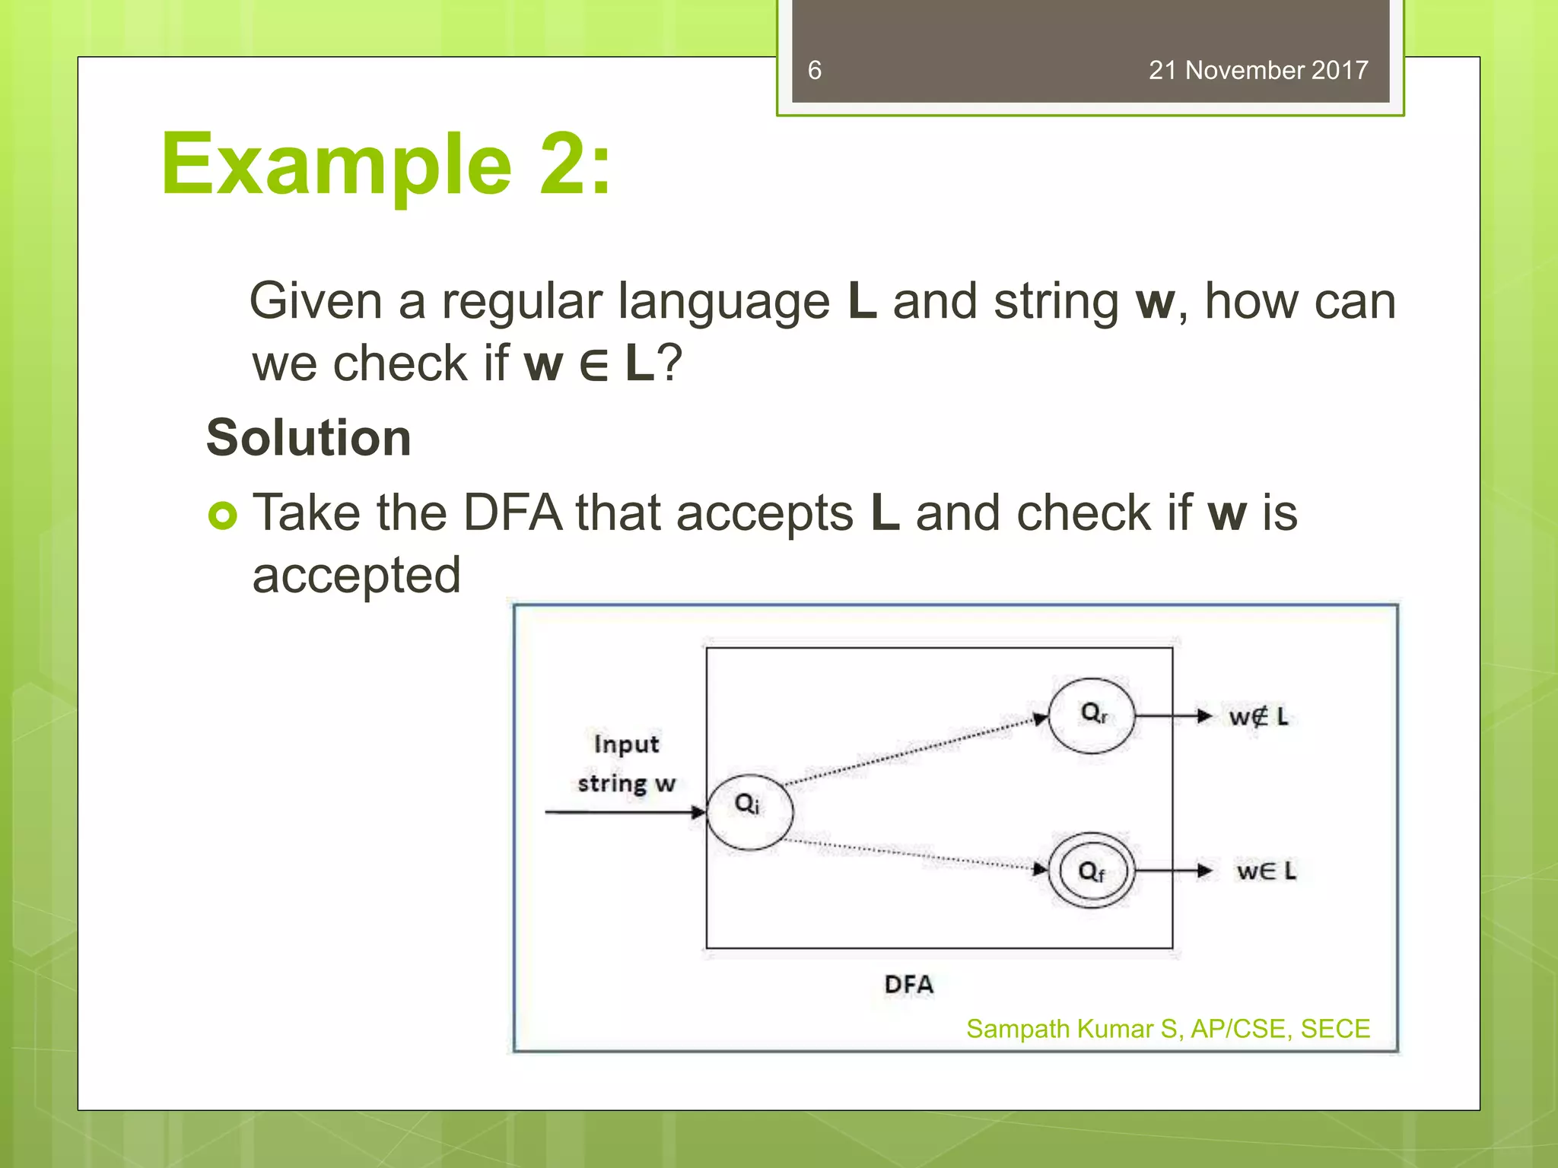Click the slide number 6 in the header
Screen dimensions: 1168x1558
point(814,70)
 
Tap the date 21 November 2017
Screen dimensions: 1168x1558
point(1258,70)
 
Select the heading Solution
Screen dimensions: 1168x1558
point(309,438)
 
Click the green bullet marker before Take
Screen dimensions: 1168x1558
point(222,516)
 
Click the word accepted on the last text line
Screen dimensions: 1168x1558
point(357,575)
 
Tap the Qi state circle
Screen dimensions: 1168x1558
point(750,811)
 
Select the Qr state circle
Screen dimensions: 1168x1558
point(1092,716)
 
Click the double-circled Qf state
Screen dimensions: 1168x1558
point(1092,870)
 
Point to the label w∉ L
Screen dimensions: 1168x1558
point(1258,716)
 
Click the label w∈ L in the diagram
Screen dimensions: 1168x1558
point(1266,871)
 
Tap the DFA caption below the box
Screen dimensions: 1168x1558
point(908,984)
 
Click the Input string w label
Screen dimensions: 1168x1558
point(626,763)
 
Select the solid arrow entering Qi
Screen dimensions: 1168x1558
point(624,812)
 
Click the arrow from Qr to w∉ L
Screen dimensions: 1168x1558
point(1172,716)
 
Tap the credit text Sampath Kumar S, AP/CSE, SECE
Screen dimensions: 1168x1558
point(1168,1029)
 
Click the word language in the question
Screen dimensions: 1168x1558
point(723,301)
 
